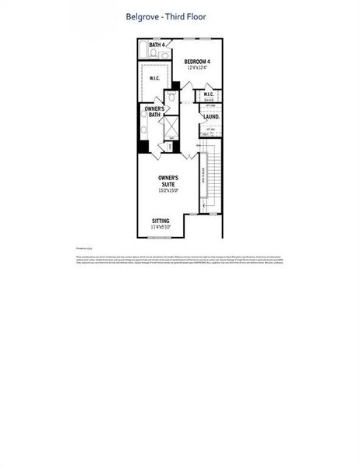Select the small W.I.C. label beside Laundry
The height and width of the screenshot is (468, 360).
coord(209,96)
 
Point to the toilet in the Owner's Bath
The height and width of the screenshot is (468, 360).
coord(169,99)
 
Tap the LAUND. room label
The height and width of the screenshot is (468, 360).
coord(211,117)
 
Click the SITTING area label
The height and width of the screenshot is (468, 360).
coord(161,221)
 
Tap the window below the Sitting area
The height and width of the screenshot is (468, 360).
coord(159,237)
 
